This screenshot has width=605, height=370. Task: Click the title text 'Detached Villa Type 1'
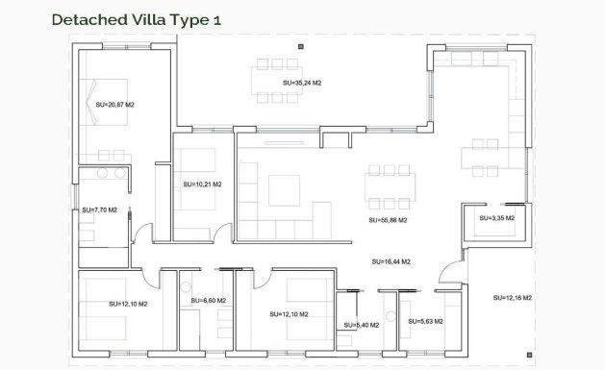[127, 18]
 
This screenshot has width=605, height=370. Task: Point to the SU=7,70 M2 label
[99, 210]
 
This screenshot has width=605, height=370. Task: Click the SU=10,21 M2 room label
[202, 184]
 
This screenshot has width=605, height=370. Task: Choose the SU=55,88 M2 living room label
[388, 220]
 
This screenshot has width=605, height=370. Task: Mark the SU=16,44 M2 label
[391, 261]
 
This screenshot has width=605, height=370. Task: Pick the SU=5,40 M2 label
[362, 325]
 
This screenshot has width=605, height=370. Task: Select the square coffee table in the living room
[284, 189]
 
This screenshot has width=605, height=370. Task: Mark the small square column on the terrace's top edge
[301, 46]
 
